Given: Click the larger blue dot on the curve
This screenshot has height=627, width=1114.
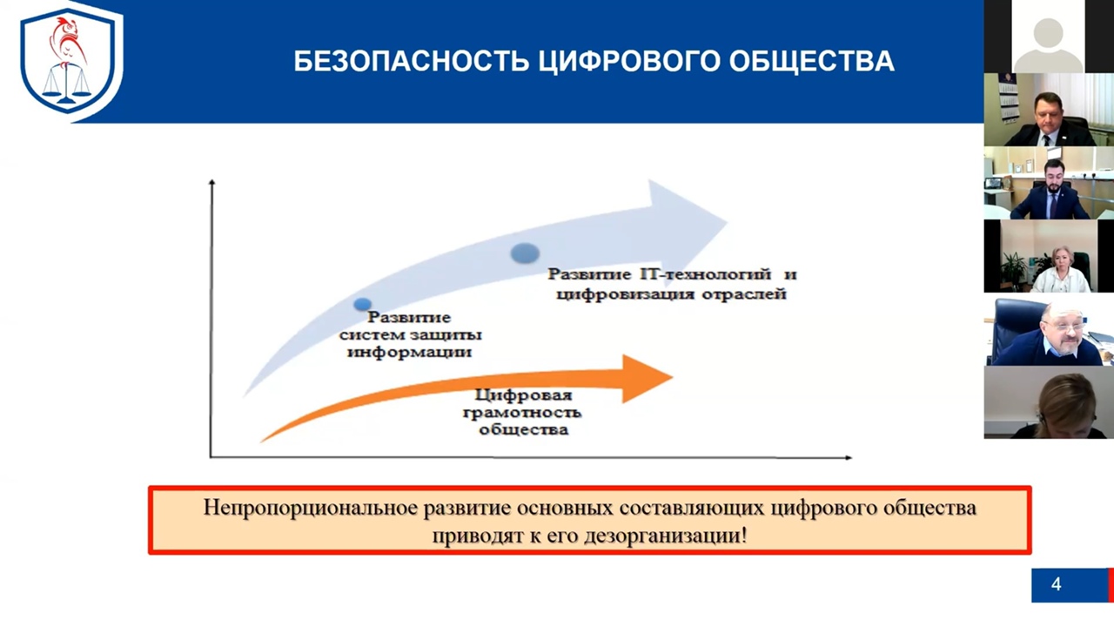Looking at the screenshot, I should pyautogui.click(x=525, y=253).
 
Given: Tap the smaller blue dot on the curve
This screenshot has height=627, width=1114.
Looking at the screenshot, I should pyautogui.click(x=363, y=304).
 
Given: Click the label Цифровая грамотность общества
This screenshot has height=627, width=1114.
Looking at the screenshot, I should pyautogui.click(x=523, y=413).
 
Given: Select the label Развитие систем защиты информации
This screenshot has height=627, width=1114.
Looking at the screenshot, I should pyautogui.click(x=409, y=335).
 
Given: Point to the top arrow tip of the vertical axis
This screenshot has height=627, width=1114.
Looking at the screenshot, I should pyautogui.click(x=211, y=183).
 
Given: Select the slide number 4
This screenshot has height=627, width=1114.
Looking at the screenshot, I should pyautogui.click(x=1057, y=584).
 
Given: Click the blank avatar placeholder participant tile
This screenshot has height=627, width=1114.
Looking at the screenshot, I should pyautogui.click(x=1048, y=37).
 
